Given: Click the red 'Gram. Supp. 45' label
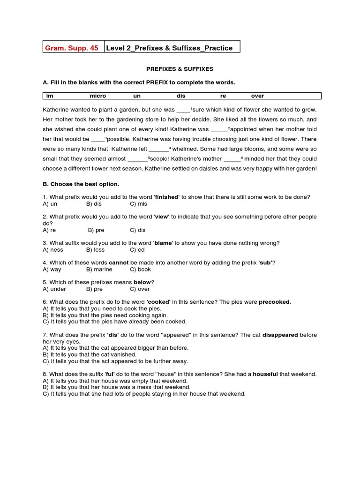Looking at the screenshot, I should tap(71, 48).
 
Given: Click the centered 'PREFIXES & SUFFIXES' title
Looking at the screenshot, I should tap(180, 69).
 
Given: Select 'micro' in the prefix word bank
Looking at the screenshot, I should tap(98, 96).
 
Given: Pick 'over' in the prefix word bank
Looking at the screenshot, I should tap(257, 96).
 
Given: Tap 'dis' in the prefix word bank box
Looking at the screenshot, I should tap(181, 96).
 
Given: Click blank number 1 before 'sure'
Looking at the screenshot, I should tap(183, 110).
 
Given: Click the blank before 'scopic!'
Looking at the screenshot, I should tap(137, 159).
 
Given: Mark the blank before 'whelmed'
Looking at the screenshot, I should tap(158, 149).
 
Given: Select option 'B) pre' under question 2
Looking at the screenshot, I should tap(96, 230).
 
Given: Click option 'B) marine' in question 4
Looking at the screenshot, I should tap(99, 270).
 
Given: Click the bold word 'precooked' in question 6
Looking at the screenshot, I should tap(274, 302).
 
